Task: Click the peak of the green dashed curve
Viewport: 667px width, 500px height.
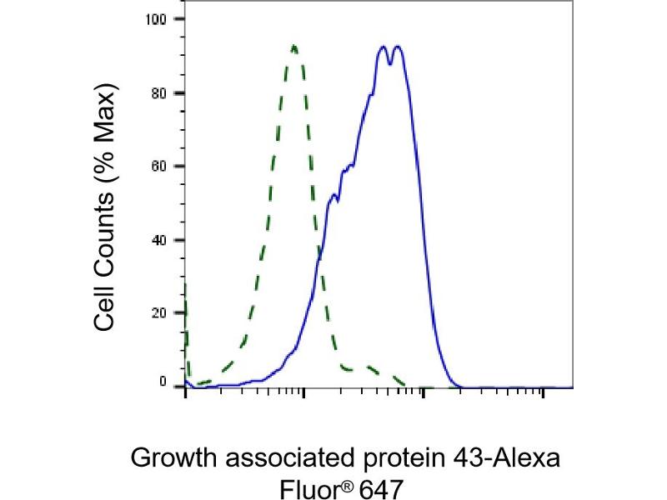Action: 294,46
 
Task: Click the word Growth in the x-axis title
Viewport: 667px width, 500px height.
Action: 171,459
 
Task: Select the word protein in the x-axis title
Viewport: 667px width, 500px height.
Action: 397,459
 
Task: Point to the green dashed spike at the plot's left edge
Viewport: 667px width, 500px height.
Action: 185,292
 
